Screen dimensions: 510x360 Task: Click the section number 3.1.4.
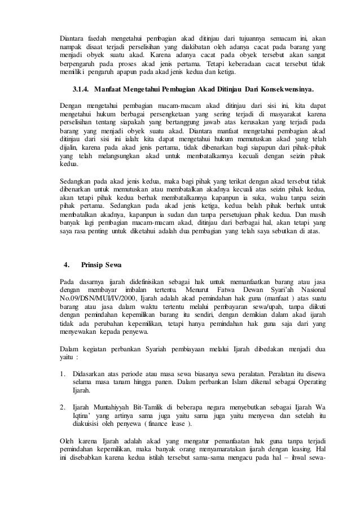82,90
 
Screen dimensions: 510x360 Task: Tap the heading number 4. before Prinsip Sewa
67,264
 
